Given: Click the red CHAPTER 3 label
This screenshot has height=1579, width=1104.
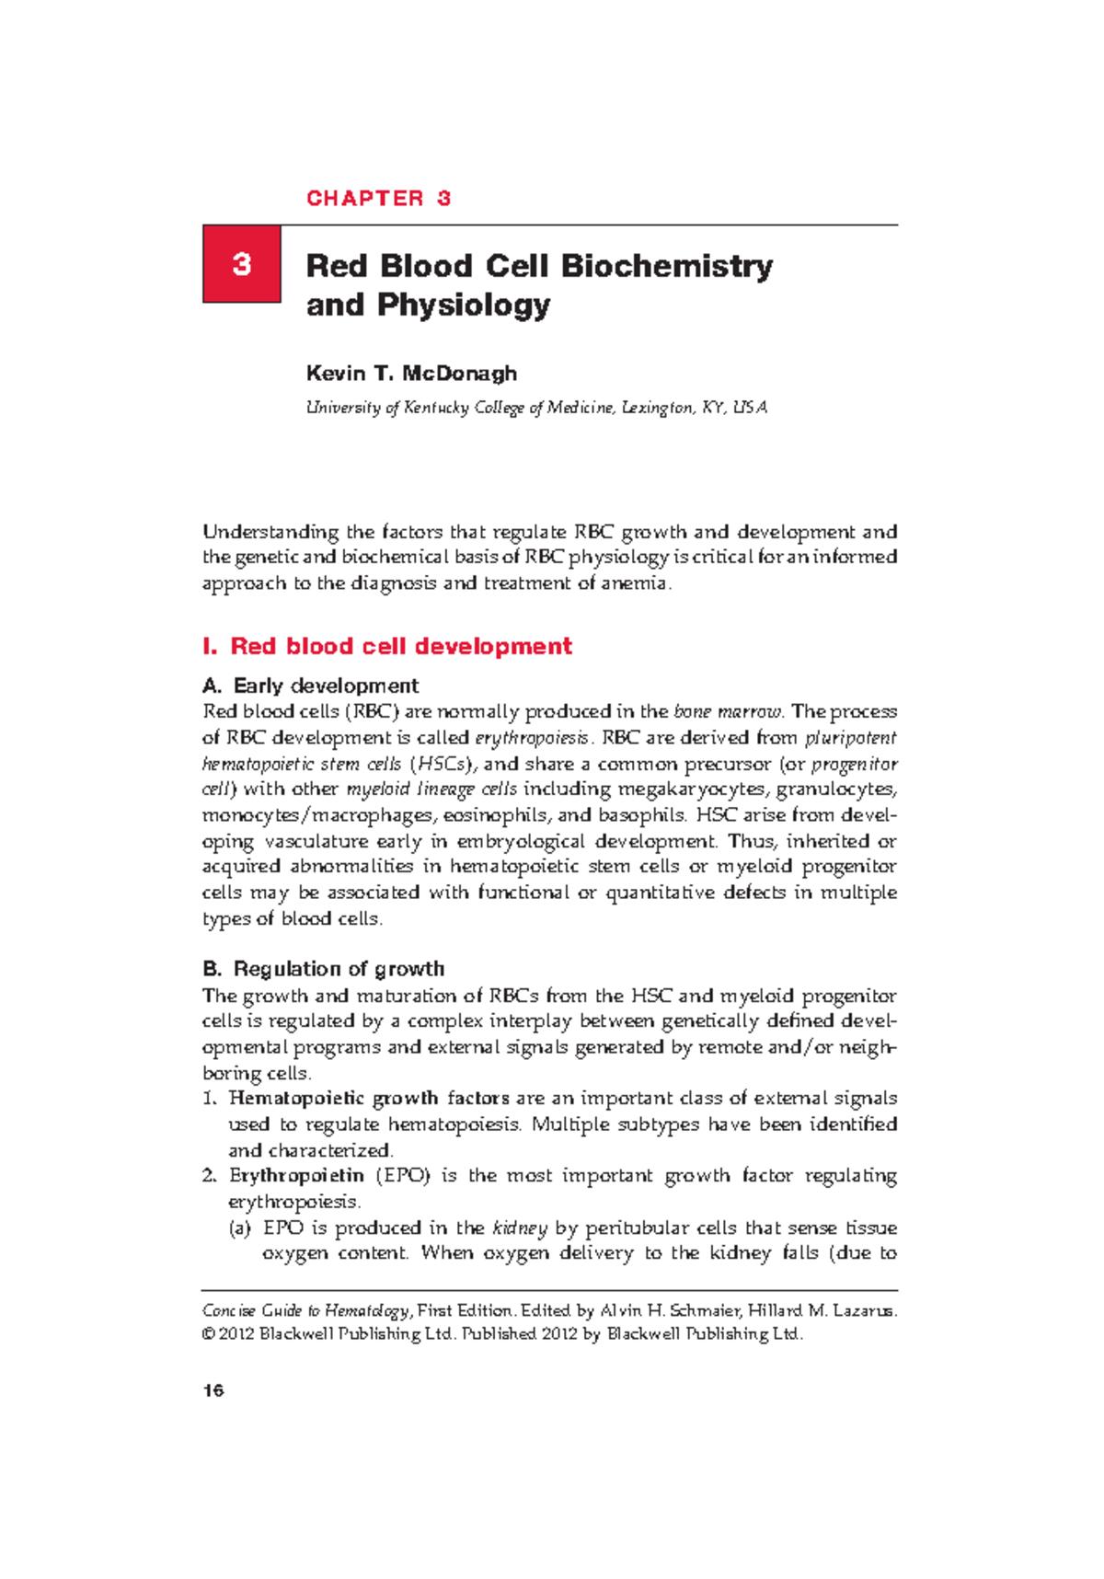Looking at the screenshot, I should (x=378, y=199).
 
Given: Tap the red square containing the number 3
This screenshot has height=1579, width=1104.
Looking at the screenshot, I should (x=242, y=264).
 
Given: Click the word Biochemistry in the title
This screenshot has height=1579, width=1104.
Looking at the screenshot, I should (x=666, y=266).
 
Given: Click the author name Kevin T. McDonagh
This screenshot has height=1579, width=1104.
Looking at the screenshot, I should (x=411, y=373).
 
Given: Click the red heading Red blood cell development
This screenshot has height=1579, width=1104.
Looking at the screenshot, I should (x=400, y=646).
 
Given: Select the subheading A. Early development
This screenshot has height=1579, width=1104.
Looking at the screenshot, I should (x=311, y=686).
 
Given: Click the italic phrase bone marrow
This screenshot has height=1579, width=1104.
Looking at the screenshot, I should (x=728, y=711).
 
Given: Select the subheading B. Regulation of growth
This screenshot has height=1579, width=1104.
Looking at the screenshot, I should (x=323, y=969).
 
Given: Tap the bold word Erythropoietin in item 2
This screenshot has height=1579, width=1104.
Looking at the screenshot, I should (x=296, y=1176).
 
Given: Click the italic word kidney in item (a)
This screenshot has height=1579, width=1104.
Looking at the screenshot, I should (x=520, y=1228).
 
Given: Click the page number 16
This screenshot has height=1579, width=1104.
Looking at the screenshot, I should (x=213, y=1390).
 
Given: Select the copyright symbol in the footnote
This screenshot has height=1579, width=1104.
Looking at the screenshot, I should (x=208, y=1334).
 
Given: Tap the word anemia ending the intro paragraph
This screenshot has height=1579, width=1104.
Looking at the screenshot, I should (x=634, y=583).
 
